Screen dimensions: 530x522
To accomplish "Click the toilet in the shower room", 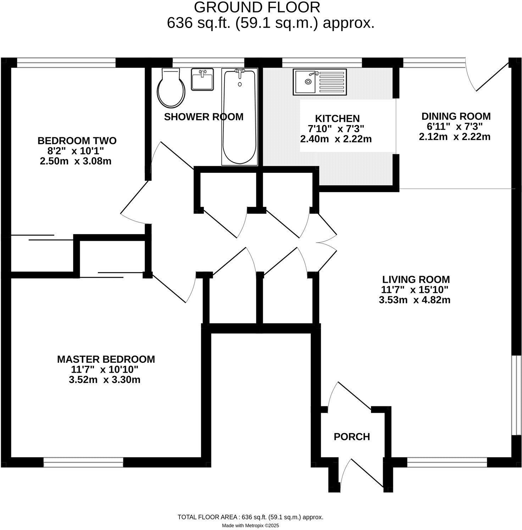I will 172,89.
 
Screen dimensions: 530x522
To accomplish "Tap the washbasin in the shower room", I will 202,79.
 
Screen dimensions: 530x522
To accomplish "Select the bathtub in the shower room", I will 239,117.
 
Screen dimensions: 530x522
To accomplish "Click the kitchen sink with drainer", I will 320,82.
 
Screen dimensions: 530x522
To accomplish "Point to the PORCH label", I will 352,437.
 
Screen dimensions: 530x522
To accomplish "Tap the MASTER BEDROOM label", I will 106,359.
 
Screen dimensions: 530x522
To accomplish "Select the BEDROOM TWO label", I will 77,141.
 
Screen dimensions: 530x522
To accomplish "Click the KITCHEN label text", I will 337,118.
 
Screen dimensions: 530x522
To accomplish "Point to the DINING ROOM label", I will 456,116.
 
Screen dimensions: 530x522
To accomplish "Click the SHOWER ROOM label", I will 204,117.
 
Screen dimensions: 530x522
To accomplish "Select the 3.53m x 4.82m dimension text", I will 415,300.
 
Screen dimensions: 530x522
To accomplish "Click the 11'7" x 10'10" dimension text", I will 105,370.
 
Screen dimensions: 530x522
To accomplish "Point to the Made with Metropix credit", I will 250,525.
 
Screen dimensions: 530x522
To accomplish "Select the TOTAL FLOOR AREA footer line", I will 250,517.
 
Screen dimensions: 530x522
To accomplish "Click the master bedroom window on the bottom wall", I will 83,462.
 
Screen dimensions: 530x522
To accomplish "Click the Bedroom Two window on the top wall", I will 66,62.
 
